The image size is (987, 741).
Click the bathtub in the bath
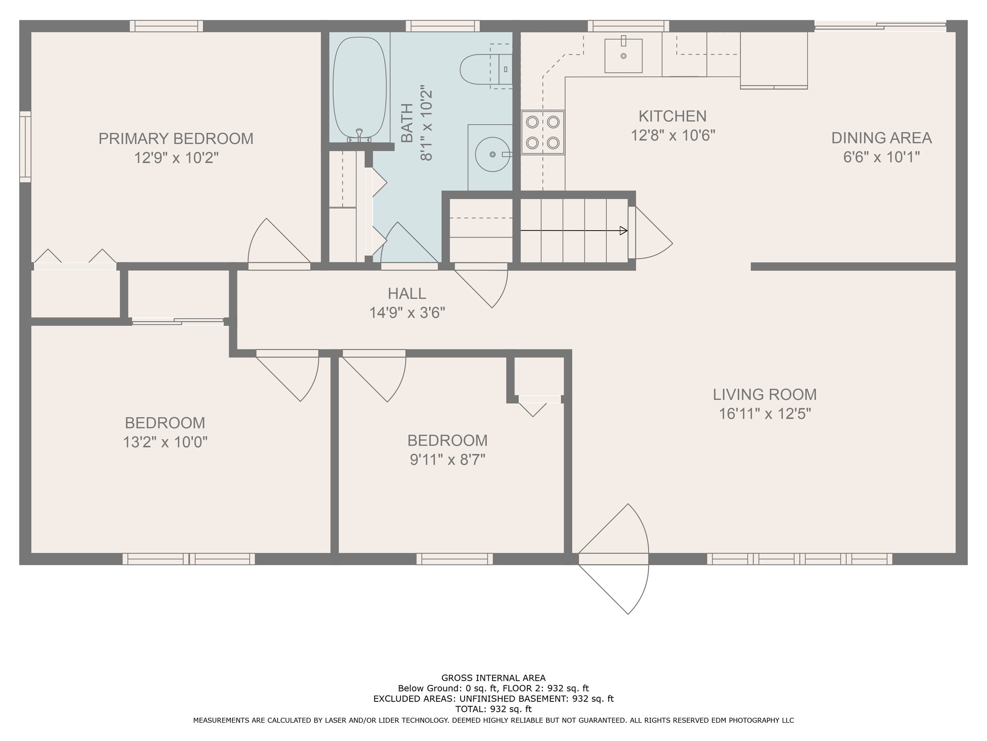(360, 88)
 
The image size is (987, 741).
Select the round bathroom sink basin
(493, 154)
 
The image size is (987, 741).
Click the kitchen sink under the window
(623, 55)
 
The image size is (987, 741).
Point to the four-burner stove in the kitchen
(543, 133)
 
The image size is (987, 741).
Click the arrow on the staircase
(574, 231)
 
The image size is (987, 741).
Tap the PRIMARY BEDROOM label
(176, 138)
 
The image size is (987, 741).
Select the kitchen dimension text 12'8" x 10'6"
(673, 135)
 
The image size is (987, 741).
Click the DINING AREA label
(881, 138)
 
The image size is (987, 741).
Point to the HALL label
(407, 293)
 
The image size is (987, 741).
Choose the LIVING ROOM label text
(765, 395)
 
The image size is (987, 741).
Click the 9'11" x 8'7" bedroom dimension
(447, 459)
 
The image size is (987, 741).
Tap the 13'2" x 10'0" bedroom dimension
(165, 442)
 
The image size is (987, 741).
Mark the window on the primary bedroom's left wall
(25, 147)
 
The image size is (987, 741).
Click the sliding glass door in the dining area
(880, 27)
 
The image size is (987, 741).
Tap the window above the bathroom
(442, 26)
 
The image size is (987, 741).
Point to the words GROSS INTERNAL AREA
(493, 678)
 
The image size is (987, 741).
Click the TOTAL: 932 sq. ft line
(493, 709)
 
